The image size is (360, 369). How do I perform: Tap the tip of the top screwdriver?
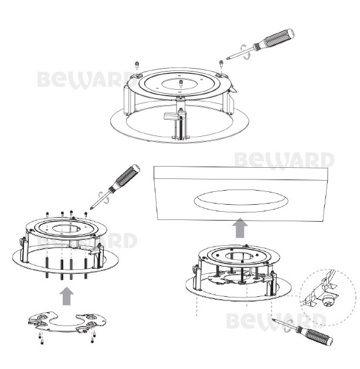click(x=227, y=59)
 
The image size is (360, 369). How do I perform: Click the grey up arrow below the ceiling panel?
click(x=240, y=228)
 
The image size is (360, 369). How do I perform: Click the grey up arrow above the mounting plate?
click(x=67, y=296)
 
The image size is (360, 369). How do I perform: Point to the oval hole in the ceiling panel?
click(x=241, y=201)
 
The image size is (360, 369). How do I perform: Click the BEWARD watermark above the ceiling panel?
click(x=284, y=160)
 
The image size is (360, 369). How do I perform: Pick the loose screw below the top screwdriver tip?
click(x=221, y=63)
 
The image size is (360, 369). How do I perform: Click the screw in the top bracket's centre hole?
click(x=181, y=83)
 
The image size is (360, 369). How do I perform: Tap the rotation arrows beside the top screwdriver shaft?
click(x=244, y=52)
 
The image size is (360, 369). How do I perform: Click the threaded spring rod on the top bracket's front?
click(x=181, y=128)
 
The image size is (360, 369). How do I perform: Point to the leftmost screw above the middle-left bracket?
click(x=47, y=214)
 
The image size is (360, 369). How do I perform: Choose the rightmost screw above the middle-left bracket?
click(x=86, y=214)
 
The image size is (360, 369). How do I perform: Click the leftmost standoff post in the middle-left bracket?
click(x=47, y=268)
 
